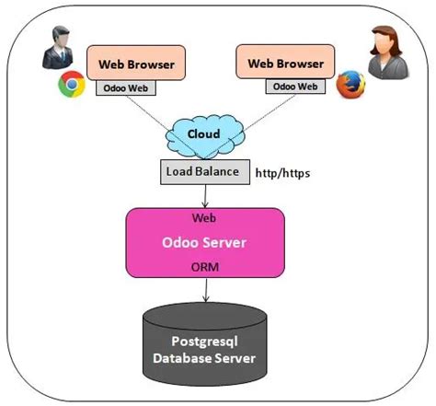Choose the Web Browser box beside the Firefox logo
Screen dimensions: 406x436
(x=285, y=64)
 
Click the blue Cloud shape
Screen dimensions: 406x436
(x=203, y=135)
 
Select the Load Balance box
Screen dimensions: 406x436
(x=202, y=171)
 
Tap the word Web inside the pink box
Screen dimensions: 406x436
(x=203, y=220)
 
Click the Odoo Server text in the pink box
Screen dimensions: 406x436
(x=203, y=244)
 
